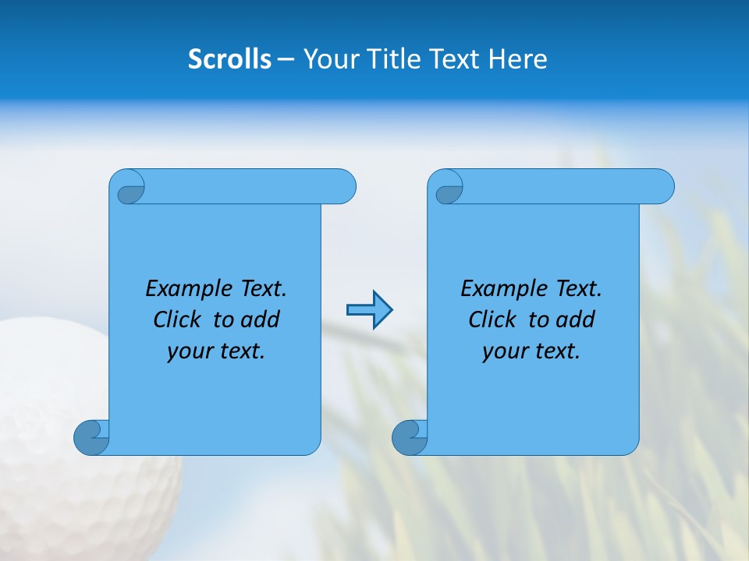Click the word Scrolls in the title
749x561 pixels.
[x=229, y=59]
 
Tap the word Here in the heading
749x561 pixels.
[x=517, y=59]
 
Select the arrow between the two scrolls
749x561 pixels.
[x=369, y=310]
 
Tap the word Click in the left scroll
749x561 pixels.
[x=179, y=320]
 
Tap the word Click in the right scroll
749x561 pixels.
[x=495, y=320]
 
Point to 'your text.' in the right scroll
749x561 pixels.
[x=531, y=351]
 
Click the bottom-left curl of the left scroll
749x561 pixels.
[x=91, y=438]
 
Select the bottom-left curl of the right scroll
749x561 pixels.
[x=410, y=438]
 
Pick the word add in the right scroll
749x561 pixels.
[x=576, y=320]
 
